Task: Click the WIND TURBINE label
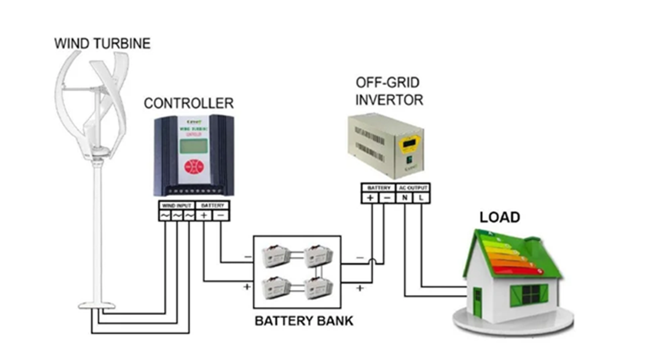coord(102,43)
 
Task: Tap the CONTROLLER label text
coord(188,103)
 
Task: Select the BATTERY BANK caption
coord(304,320)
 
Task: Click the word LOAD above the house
coord(499,217)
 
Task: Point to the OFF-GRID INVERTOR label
coord(389,91)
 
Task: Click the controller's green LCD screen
coord(193,148)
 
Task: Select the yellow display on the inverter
coord(411,143)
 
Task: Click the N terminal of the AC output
coord(406,197)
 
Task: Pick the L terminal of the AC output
coord(422,197)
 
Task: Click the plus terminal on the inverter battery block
coord(371,197)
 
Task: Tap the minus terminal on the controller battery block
coord(221,215)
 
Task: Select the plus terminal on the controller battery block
coord(205,215)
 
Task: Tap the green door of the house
coord(477,302)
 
